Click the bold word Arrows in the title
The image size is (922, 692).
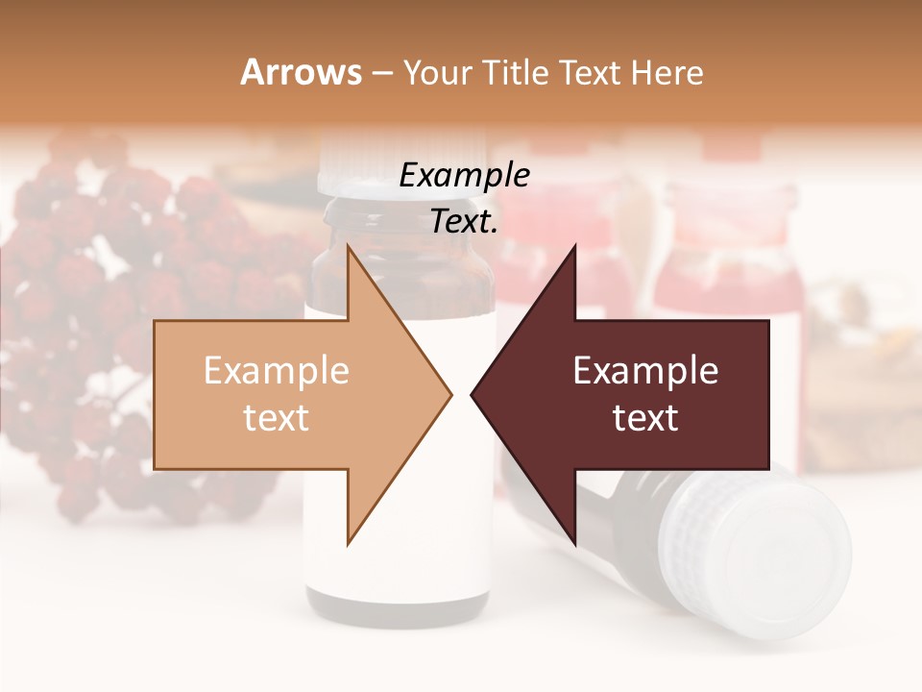tap(301, 72)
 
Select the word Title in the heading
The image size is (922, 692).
tap(520, 72)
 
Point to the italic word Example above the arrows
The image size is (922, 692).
tap(464, 176)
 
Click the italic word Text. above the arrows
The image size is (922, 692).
tap(464, 221)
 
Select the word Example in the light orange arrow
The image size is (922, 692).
tap(276, 371)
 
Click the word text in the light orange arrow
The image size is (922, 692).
tap(276, 417)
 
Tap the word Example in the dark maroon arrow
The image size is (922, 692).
tap(645, 371)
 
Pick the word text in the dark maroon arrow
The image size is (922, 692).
tap(645, 417)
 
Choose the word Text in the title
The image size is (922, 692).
tap(586, 72)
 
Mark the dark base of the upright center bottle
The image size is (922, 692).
tap(398, 605)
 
